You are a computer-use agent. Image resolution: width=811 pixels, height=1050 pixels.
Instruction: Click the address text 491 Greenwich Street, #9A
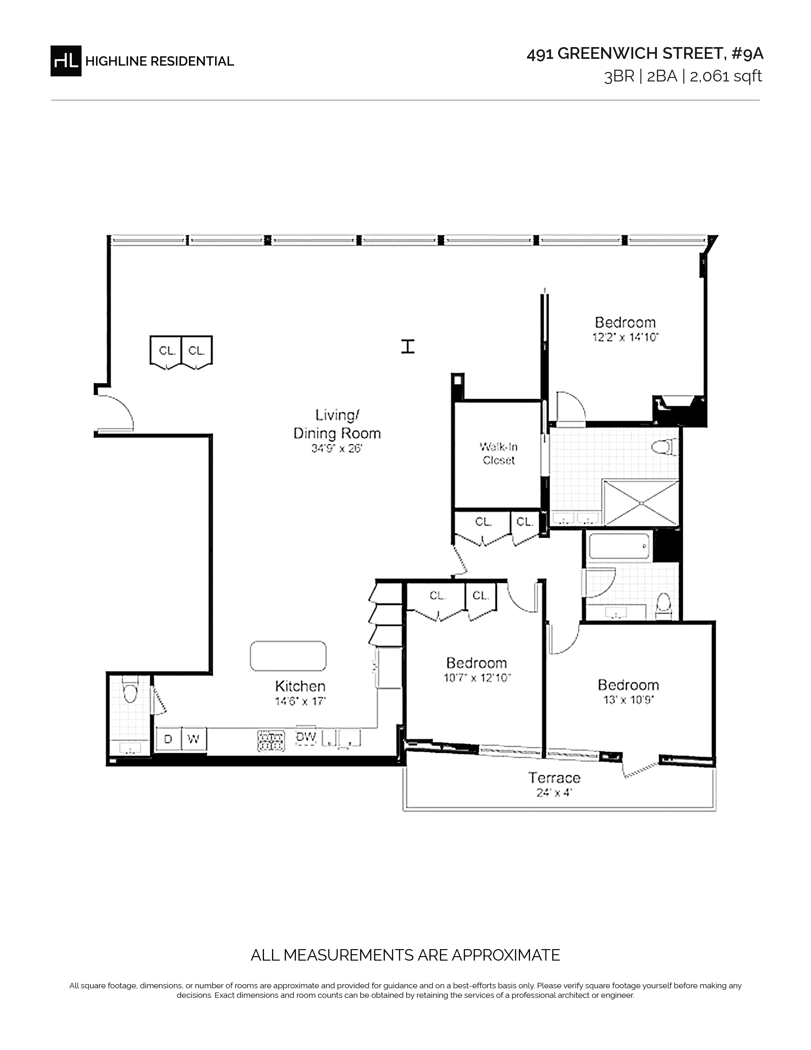(x=645, y=54)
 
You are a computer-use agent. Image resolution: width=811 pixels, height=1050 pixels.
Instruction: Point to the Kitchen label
(x=300, y=686)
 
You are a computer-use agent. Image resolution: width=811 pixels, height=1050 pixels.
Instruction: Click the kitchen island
(x=288, y=656)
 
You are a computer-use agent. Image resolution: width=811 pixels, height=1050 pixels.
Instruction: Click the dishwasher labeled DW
(x=306, y=737)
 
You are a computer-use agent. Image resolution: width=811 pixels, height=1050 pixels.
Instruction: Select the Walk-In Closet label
(x=499, y=453)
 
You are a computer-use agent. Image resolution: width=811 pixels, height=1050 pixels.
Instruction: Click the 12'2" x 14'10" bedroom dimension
(x=626, y=338)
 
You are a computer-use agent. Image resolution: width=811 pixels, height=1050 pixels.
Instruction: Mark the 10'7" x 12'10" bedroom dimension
(x=477, y=678)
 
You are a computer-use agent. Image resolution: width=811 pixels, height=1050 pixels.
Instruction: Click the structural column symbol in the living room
(x=408, y=346)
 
